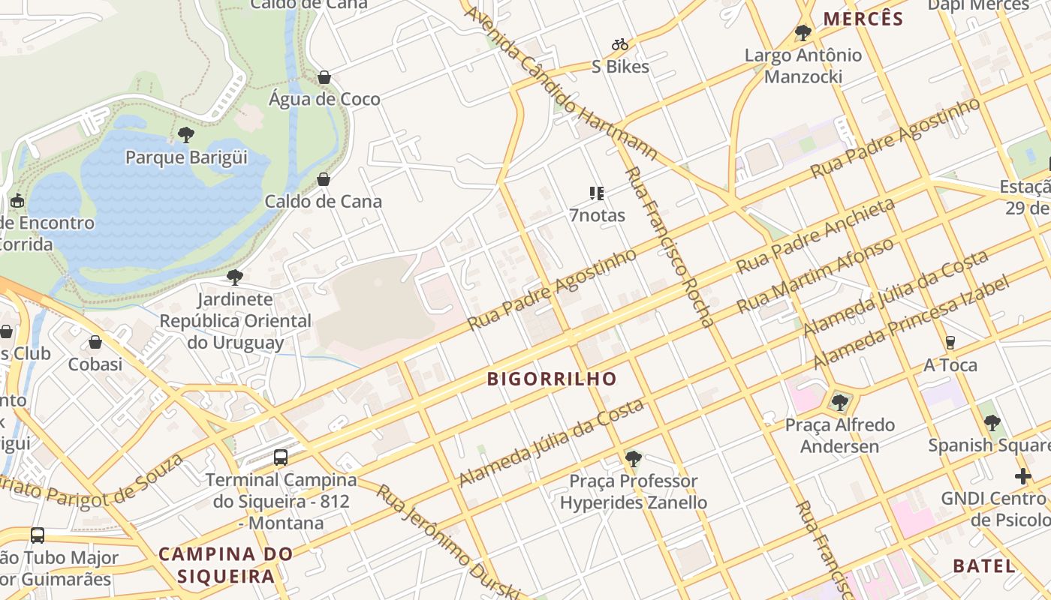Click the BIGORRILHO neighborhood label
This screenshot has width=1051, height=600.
(552, 379)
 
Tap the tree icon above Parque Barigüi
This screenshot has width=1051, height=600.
(185, 135)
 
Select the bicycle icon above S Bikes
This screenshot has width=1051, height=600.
(619, 45)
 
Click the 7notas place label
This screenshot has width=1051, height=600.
(597, 215)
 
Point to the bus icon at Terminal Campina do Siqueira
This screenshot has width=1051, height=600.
(280, 457)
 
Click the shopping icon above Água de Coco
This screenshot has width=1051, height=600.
(324, 77)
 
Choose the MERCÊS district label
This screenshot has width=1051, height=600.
(863, 19)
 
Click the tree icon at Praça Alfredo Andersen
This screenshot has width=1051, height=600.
(839, 403)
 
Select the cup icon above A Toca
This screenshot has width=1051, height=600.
(950, 343)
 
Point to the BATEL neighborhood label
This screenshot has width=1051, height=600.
(983, 565)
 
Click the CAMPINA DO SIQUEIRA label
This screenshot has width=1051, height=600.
(226, 565)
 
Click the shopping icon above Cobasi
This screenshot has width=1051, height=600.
(95, 342)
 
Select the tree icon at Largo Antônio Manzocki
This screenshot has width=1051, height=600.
(803, 33)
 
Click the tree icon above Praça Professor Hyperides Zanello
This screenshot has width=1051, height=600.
(633, 458)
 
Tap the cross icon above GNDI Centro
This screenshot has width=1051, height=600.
(1022, 476)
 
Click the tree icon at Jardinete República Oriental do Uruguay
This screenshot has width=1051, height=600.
(234, 277)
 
